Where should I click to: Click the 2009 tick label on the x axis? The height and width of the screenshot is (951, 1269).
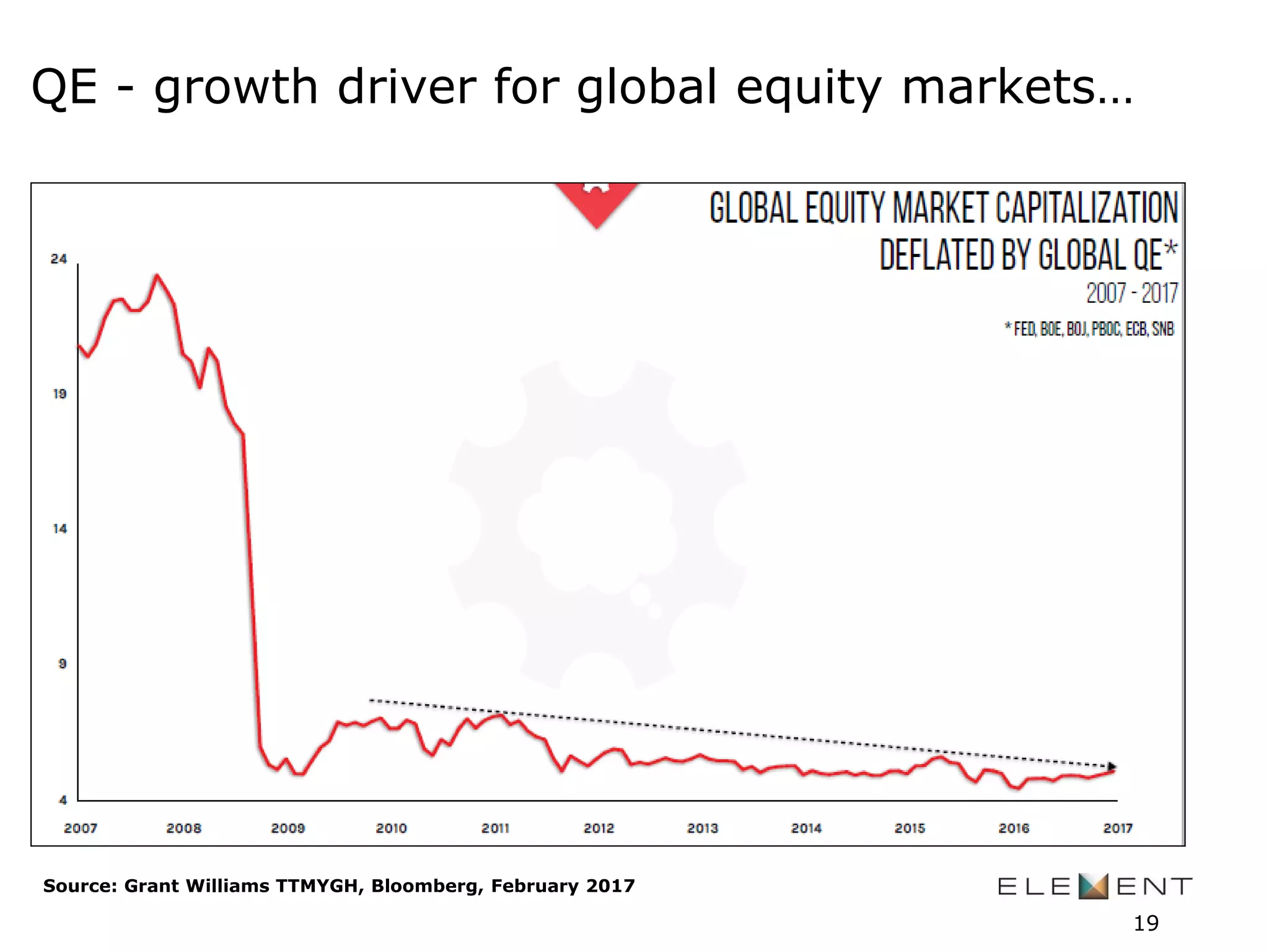click(288, 828)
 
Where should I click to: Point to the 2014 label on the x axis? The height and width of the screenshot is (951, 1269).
click(806, 828)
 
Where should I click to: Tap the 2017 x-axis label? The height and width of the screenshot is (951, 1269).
click(1118, 828)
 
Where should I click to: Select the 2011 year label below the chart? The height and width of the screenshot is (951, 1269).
click(495, 828)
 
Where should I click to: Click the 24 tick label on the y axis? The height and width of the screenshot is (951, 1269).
click(59, 259)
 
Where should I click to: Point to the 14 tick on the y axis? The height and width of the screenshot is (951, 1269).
click(59, 529)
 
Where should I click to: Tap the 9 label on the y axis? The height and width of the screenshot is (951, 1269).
click(62, 664)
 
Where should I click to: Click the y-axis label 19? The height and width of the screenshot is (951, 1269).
click(59, 394)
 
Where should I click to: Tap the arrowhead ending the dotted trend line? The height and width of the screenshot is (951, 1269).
click(1112, 766)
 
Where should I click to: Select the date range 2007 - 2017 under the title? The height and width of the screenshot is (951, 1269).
click(1131, 293)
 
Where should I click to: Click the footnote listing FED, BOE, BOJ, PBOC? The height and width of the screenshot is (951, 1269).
click(1089, 329)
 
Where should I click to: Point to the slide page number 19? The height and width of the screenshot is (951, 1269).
click(1146, 923)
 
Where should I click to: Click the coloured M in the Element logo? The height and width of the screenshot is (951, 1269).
click(1093, 886)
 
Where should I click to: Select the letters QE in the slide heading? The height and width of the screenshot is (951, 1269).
click(64, 87)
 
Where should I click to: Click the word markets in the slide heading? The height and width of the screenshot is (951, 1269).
click(1016, 87)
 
